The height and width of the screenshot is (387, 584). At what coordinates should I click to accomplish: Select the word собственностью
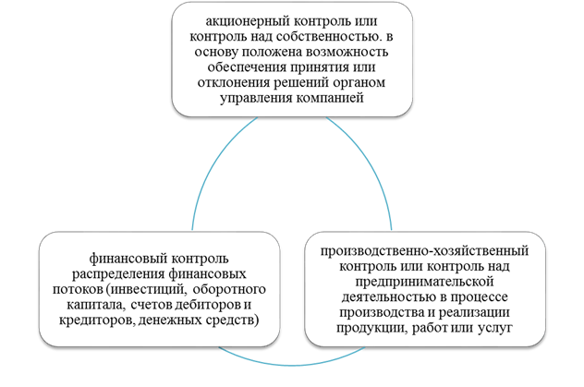click(321, 37)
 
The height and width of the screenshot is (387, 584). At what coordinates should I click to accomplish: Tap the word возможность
click(347, 52)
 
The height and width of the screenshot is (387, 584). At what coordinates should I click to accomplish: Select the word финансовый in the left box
click(128, 259)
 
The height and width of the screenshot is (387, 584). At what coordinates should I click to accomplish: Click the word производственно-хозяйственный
click(424, 251)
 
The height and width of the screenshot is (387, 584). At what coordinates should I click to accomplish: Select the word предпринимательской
click(424, 282)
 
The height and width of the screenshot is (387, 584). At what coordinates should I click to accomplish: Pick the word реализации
click(474, 312)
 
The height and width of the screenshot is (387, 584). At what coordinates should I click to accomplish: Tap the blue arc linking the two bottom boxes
click(292, 365)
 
